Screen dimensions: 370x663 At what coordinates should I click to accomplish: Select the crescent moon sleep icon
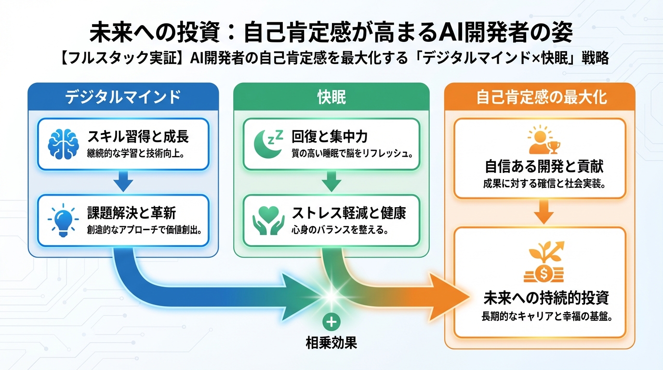[x=268, y=144]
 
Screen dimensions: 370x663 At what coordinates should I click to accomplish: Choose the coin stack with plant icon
[x=544, y=263]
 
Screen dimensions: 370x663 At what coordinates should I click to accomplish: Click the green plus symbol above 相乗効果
[x=331, y=322]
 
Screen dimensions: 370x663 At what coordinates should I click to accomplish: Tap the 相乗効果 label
[x=331, y=343]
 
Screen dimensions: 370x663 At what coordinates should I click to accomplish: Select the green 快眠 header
[x=331, y=97]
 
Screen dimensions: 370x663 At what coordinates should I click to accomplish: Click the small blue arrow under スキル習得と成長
[x=123, y=183]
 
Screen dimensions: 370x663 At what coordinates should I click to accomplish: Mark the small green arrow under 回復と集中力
[x=331, y=183]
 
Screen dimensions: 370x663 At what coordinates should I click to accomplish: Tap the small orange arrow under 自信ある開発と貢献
[x=544, y=212]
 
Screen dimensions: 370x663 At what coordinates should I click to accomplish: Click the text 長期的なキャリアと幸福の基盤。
[x=546, y=317]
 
